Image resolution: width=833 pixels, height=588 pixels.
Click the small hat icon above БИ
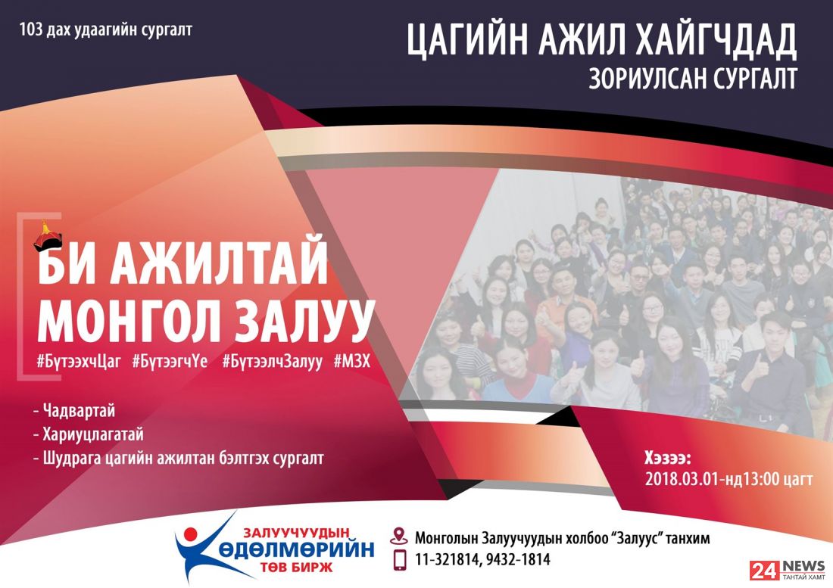48,235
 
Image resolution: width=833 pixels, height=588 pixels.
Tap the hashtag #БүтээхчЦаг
79,362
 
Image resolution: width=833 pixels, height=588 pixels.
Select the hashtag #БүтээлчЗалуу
272,362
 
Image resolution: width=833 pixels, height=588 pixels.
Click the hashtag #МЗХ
352,362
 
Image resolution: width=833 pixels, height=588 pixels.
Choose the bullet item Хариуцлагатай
93,434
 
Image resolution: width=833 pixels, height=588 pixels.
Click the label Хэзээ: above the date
668,457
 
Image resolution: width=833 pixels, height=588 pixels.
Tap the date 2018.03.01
682,479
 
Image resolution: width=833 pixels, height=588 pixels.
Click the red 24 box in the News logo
765,570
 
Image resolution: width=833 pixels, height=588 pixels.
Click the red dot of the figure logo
190,534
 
